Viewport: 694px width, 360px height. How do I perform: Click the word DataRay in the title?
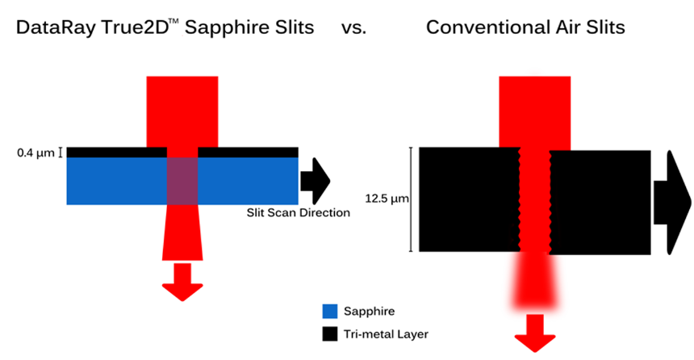coord(56,28)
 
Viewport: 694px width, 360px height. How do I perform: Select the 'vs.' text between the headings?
coord(353,27)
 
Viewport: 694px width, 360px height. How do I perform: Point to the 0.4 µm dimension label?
coord(36,153)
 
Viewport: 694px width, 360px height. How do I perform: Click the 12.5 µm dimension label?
coord(387,199)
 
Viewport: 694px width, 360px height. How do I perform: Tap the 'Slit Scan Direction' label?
coord(299,212)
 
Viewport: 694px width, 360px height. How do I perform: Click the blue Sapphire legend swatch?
coord(330,312)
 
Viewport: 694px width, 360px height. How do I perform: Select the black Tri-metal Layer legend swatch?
coord(330,334)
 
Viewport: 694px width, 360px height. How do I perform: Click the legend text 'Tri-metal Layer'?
coord(386,334)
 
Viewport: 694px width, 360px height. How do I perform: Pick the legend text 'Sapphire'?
coord(369,312)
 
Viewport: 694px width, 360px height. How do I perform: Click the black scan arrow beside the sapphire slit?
coord(316,181)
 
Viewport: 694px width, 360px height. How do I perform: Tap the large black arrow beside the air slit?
coord(672,203)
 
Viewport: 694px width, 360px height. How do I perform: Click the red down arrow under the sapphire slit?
coord(182,282)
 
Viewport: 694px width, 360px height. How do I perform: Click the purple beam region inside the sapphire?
coord(182,181)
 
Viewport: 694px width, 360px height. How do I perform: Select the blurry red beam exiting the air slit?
coord(535,281)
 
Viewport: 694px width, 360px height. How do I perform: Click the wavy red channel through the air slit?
coord(535,200)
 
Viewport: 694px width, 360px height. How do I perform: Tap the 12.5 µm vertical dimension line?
coord(412,199)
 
